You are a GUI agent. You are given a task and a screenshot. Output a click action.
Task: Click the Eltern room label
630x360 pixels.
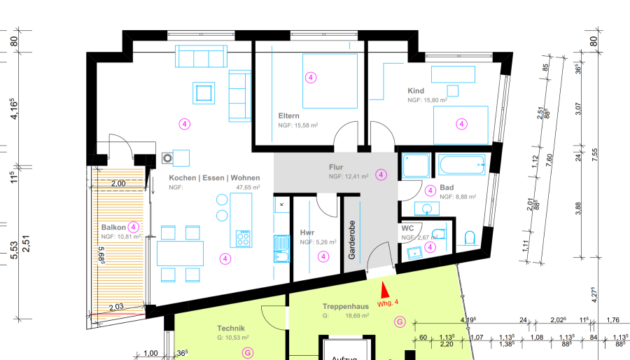[289, 116]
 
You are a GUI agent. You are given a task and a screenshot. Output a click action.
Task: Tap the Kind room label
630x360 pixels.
[416, 91]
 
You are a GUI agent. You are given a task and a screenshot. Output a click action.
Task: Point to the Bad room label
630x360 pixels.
[447, 188]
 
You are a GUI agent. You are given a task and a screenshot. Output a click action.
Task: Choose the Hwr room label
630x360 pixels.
[307, 233]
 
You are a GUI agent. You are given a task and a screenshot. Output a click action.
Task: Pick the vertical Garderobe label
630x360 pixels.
[352, 238]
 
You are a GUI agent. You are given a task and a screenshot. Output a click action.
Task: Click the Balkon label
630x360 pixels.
[113, 228]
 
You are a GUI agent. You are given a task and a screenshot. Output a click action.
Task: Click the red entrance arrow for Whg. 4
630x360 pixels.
[383, 289]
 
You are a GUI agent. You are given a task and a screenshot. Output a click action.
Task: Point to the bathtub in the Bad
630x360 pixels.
[461, 165]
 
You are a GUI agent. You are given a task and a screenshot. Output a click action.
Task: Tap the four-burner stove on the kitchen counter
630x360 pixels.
[244, 238]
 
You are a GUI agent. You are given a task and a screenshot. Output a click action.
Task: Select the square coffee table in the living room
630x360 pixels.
[204, 92]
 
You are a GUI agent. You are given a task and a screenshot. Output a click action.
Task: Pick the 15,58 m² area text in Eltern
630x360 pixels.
[298, 125]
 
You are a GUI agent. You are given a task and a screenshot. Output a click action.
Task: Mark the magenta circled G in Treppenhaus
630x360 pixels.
[400, 322]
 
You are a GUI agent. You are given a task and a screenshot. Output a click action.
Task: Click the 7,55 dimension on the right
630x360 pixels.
[596, 155]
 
